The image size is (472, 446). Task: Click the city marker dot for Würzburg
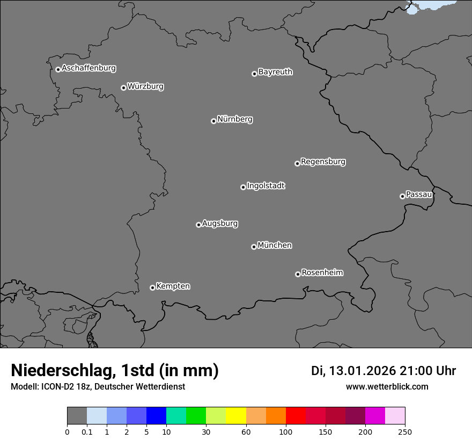123,88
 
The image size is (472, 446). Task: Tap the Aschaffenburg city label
88,68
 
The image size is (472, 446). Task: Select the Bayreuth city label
275,72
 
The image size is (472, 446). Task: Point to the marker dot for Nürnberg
213,121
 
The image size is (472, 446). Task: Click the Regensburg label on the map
323,162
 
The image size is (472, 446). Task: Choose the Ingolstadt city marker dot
243,187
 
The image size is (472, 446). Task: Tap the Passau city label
419,195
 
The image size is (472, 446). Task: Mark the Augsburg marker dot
198,225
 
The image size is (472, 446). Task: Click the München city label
275,246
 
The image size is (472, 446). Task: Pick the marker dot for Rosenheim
298,275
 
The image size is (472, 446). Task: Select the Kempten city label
173,286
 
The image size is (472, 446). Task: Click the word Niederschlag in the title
61,371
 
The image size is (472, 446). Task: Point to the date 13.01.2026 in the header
362,371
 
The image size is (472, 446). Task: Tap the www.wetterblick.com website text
387,387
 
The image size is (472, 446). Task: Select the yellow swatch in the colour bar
236,416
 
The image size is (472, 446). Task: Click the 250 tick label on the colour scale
405,431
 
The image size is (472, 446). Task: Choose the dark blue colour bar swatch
156,416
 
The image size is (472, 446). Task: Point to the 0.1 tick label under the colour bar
86,431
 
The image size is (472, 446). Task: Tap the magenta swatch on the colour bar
375,416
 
